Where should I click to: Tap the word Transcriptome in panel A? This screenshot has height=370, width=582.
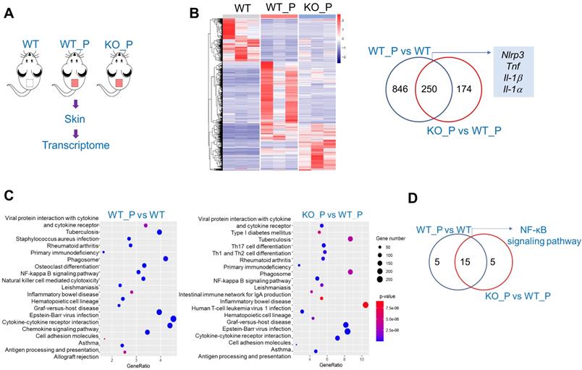75,145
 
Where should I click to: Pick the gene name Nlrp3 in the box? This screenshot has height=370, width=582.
514,55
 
